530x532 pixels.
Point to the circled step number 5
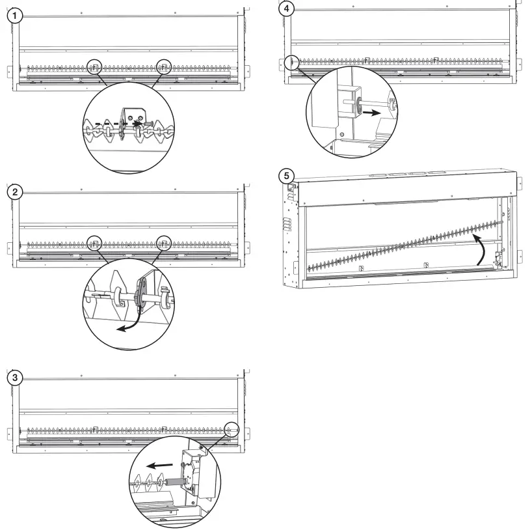coord(284,175)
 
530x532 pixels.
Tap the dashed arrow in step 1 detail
coord(116,121)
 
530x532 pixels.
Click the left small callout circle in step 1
coord(95,66)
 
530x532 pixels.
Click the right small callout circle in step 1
coord(165,66)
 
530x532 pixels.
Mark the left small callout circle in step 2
coord(95,242)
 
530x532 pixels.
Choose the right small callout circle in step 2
coord(165,242)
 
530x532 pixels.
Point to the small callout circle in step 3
coord(232,429)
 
